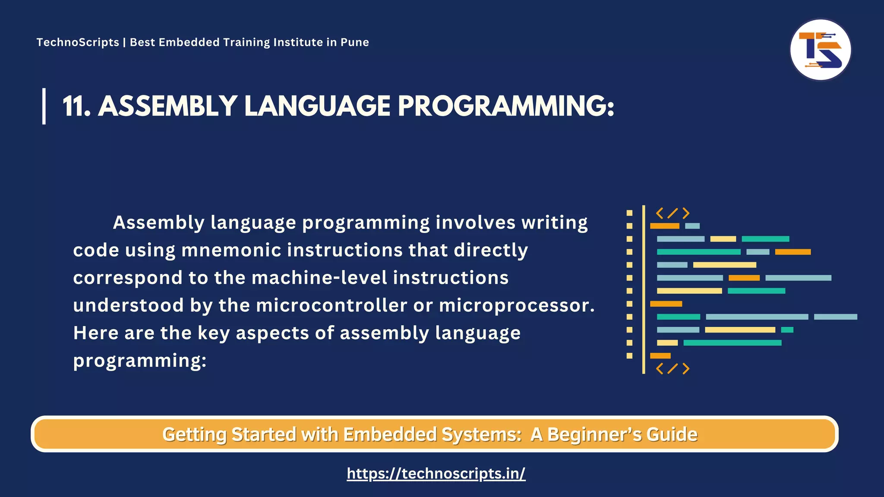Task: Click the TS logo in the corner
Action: point(820,50)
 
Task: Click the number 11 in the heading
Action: point(76,106)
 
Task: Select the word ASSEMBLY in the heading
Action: point(167,106)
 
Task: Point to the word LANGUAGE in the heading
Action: point(317,106)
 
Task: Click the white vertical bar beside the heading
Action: point(44,106)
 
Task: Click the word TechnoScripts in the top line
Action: point(78,42)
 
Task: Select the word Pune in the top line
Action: point(355,42)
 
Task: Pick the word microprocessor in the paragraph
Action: point(516,305)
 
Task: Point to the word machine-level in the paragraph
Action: point(319,278)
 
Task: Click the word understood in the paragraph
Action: point(128,305)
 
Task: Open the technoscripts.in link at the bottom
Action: point(436,474)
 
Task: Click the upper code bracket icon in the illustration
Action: point(672,213)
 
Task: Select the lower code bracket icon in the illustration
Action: point(672,368)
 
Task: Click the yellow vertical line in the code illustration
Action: point(644,289)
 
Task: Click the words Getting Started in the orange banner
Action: point(229,434)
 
